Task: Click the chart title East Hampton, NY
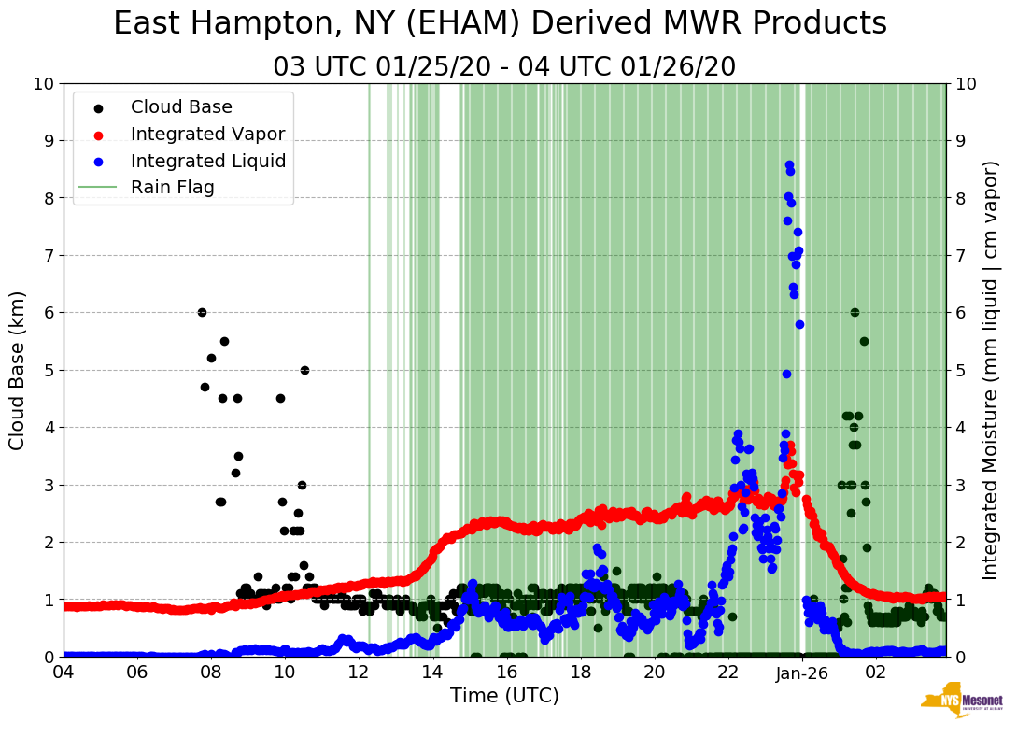click(x=500, y=24)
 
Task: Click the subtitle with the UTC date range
click(x=504, y=67)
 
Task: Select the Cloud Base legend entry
click(x=181, y=107)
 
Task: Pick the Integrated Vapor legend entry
click(x=207, y=134)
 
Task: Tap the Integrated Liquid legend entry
click(x=208, y=161)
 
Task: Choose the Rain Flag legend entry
click(x=173, y=187)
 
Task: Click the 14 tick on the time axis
click(x=432, y=673)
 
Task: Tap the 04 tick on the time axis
click(x=64, y=673)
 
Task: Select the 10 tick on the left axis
click(x=43, y=84)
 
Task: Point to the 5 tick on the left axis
click(x=49, y=371)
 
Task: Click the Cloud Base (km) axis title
click(x=18, y=370)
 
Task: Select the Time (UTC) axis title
click(x=504, y=696)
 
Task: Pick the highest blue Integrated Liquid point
click(x=789, y=164)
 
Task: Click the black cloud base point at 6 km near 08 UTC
click(x=202, y=312)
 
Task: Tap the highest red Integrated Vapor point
click(x=790, y=446)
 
